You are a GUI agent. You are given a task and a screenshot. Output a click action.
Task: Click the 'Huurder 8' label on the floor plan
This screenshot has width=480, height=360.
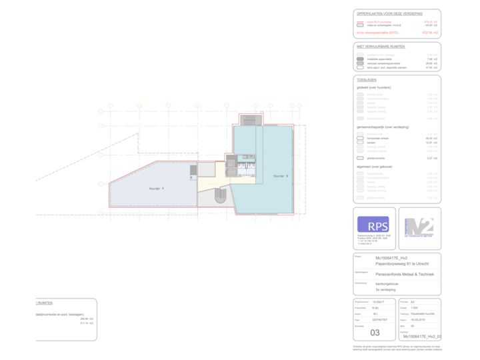(x=280, y=176)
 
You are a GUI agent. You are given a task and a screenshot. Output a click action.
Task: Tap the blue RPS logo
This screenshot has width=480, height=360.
(x=373, y=224)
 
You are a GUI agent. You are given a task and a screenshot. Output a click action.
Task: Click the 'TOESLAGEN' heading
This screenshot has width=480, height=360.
(x=367, y=79)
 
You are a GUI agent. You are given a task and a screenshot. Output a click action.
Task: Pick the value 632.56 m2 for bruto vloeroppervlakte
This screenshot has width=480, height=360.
(x=430, y=31)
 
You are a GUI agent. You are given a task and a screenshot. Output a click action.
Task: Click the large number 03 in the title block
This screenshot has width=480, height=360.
(x=375, y=332)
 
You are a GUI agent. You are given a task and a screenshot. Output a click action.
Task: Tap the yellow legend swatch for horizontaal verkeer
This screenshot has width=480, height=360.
(x=360, y=138)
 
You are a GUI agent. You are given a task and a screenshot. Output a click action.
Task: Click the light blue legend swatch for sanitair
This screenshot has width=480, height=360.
(x=360, y=143)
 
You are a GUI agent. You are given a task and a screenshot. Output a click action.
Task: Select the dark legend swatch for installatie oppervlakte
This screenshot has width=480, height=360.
(x=360, y=59)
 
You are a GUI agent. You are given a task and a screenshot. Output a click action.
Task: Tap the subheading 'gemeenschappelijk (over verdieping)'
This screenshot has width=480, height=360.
(x=384, y=127)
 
